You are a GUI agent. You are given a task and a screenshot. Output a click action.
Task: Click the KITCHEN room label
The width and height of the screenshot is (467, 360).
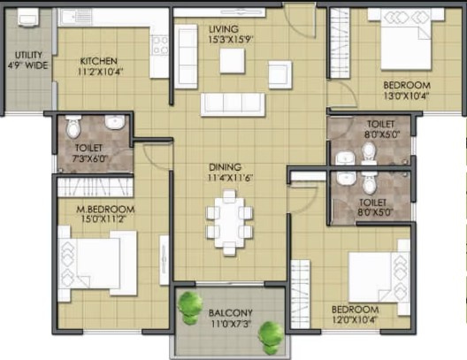(98, 61)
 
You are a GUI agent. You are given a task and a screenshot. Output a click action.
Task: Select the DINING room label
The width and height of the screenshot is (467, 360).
(226, 167)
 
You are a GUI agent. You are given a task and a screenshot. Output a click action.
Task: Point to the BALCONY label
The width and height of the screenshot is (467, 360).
(231, 313)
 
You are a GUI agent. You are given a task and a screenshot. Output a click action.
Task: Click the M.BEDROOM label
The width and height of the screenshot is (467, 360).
(105, 209)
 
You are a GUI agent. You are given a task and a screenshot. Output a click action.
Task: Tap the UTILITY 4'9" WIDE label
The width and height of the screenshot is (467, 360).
(28, 60)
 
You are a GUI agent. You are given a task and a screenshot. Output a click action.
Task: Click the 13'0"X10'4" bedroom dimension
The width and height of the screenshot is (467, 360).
(406, 96)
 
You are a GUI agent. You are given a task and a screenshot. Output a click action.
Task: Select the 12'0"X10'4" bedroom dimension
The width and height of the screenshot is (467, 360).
(355, 320)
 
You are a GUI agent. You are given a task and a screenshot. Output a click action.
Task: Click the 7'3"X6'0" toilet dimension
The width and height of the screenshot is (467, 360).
(89, 158)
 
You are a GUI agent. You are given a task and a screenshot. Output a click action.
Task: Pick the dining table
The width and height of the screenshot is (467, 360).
(229, 222)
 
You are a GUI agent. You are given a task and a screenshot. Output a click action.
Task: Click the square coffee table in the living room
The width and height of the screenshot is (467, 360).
(233, 61)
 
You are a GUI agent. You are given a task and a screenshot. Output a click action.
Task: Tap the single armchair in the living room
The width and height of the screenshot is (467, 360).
(280, 74)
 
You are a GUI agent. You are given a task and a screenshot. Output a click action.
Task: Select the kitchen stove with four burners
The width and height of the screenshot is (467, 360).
(160, 45)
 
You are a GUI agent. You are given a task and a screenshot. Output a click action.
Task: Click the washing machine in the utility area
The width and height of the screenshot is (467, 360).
(28, 18)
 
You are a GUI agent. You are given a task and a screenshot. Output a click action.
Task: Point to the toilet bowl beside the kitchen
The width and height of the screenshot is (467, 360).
(73, 126)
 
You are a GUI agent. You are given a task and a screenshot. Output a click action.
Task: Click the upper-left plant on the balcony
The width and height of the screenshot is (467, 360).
(188, 308)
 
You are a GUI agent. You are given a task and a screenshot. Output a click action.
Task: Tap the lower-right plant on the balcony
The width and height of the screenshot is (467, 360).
(271, 338)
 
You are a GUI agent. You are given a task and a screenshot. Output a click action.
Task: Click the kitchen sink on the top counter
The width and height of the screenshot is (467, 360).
(72, 17)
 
